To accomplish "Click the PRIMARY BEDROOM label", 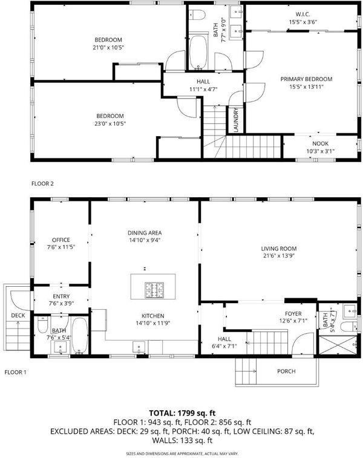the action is point(306,79).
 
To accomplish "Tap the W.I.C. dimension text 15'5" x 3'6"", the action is point(303,22).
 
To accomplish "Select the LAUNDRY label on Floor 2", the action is point(236,120).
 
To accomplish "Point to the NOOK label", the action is point(321,144).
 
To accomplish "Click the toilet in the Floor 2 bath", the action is point(197,15).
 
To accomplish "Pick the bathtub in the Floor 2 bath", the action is point(198,52).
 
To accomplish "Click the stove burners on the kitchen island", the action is point(154,290).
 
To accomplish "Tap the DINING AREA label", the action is point(145,233).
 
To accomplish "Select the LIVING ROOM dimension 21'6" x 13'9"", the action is point(278,256).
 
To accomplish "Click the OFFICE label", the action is point(61,240).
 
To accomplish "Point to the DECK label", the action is point(18,315).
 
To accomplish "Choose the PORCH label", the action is point(286,371).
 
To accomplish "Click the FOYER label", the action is point(293,314).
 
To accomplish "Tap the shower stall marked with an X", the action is point(338,345).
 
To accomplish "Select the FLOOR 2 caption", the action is point(42,184).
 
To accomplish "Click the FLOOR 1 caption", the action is point(16,373).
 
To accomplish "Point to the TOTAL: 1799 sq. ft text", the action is point(182,413).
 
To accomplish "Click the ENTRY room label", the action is point(61,296).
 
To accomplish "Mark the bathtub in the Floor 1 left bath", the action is point(79,336).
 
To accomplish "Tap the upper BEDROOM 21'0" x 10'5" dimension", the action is point(109,47).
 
